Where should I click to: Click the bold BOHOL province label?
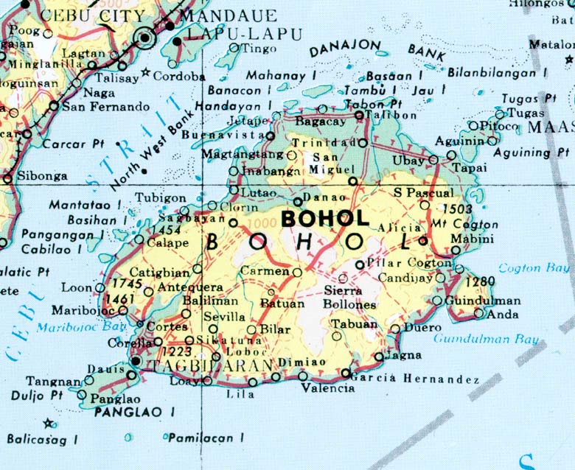325,219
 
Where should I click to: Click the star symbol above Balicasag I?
49,423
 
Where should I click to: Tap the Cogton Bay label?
534,268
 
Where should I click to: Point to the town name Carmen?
264,271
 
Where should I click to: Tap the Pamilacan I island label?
206,438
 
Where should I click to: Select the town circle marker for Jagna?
379,357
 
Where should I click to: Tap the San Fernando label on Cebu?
105,107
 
